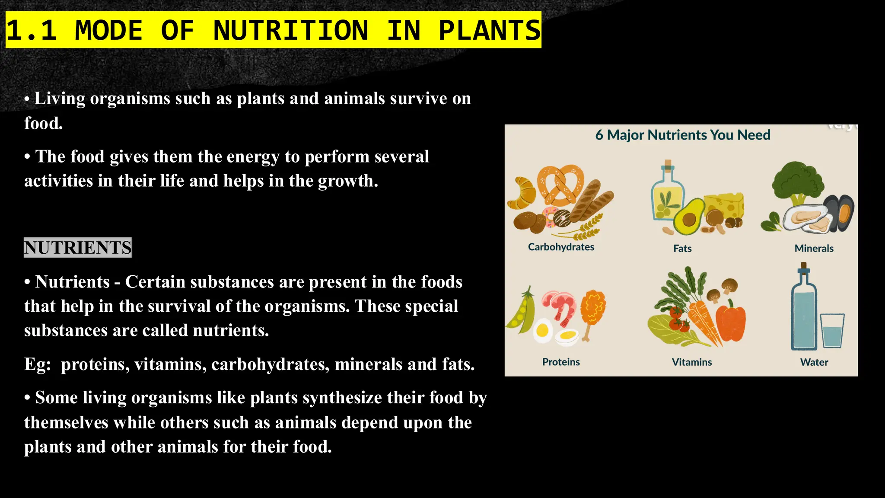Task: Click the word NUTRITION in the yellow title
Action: (x=290, y=30)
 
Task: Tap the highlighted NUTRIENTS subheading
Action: (x=78, y=248)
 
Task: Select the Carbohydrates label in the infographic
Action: (x=561, y=247)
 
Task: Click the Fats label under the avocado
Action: (x=682, y=249)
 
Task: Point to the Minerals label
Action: (x=814, y=249)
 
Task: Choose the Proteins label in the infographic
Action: (x=561, y=362)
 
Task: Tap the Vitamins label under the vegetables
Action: (x=691, y=362)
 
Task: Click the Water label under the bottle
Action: (x=814, y=362)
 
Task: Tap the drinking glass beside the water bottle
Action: (x=832, y=331)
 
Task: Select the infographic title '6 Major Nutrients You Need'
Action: (x=682, y=135)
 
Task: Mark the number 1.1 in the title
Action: (x=32, y=30)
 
